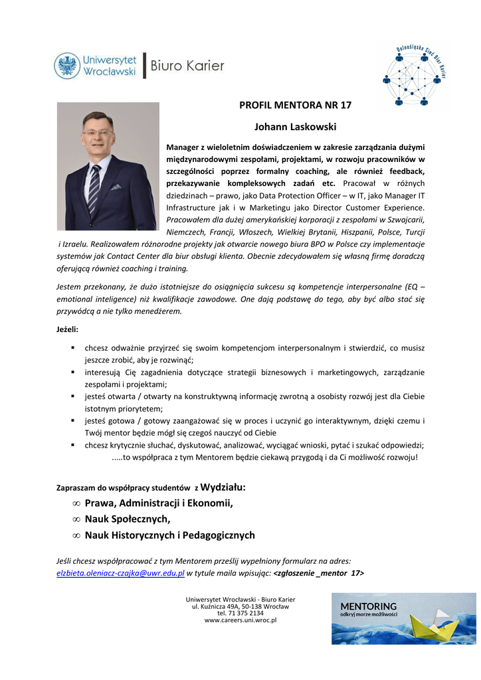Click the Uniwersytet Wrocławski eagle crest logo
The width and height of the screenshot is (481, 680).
[66, 66]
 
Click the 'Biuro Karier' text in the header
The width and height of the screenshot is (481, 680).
[187, 66]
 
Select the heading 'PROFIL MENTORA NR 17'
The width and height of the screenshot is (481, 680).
[295, 105]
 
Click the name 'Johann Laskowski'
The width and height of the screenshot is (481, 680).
[295, 126]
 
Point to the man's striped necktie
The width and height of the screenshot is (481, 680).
[94, 180]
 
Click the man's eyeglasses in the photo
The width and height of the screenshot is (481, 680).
[97, 133]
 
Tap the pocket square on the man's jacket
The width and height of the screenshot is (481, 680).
[116, 187]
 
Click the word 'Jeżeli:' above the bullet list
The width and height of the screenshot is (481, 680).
[68, 329]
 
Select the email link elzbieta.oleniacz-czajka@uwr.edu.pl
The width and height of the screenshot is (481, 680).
[120, 573]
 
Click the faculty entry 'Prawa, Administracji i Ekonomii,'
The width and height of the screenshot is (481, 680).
[159, 503]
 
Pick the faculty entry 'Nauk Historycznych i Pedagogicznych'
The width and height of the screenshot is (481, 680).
[169, 535]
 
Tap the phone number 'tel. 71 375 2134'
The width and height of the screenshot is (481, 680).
[241, 613]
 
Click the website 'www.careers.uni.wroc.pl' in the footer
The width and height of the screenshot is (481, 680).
[241, 620]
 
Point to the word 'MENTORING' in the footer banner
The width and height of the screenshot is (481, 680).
[368, 606]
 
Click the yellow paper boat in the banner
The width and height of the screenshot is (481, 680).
[432, 625]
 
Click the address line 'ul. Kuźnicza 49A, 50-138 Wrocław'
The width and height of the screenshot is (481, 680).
[241, 606]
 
